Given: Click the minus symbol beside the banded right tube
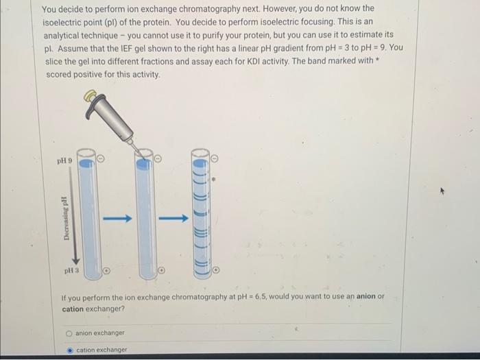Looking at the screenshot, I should tap(214, 158).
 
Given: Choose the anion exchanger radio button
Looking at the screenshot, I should tap(69, 333).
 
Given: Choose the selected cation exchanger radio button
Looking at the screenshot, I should tap(69, 350).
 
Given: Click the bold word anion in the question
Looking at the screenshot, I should tap(366, 297).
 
